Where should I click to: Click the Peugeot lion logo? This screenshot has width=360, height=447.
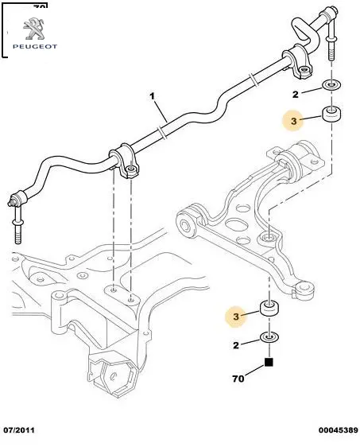click(34, 29)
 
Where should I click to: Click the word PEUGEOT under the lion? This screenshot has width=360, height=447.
click(35, 46)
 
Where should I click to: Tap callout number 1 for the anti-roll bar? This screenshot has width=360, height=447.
click(153, 96)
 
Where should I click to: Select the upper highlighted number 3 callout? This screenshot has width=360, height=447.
click(294, 121)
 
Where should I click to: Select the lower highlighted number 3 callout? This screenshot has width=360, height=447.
click(236, 317)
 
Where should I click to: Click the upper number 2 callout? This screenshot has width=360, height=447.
click(296, 95)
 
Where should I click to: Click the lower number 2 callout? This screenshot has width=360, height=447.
click(236, 345)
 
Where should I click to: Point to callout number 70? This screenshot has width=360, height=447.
click(238, 379)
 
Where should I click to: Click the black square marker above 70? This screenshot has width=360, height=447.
click(269, 362)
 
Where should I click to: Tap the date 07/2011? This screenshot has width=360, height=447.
click(19, 430)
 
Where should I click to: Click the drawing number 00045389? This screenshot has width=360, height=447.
click(338, 430)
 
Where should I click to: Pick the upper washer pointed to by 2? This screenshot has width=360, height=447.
click(331, 85)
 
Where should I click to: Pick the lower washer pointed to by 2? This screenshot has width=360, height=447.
click(269, 337)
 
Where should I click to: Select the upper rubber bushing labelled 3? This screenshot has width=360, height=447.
click(331, 115)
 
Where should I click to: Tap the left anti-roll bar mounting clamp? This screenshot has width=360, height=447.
click(125, 161)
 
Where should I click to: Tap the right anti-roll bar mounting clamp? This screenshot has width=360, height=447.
click(297, 61)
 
